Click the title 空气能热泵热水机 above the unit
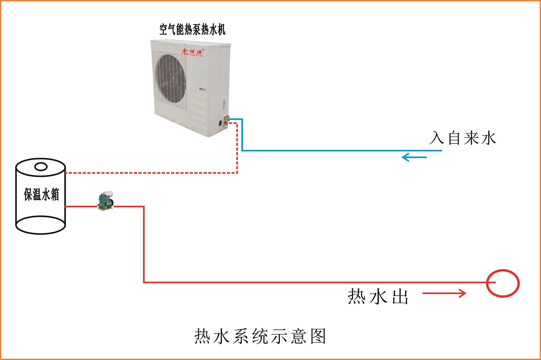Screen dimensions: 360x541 192,30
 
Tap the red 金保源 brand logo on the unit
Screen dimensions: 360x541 193,52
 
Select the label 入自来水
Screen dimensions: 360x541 463,138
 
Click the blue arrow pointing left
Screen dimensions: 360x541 414,157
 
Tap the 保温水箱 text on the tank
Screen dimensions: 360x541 41,194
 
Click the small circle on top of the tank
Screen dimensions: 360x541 41,167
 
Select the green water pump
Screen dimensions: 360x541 106,201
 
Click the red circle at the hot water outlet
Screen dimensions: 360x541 503,283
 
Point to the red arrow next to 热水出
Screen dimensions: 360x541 444,293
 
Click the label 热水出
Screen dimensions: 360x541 378,297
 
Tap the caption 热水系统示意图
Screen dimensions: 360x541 260,336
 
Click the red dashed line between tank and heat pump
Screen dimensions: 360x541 151,173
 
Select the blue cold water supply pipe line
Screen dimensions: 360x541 341,151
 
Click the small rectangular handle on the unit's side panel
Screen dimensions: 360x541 202,89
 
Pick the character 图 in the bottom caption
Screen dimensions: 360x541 318,336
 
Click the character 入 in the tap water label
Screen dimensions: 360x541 437,138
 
